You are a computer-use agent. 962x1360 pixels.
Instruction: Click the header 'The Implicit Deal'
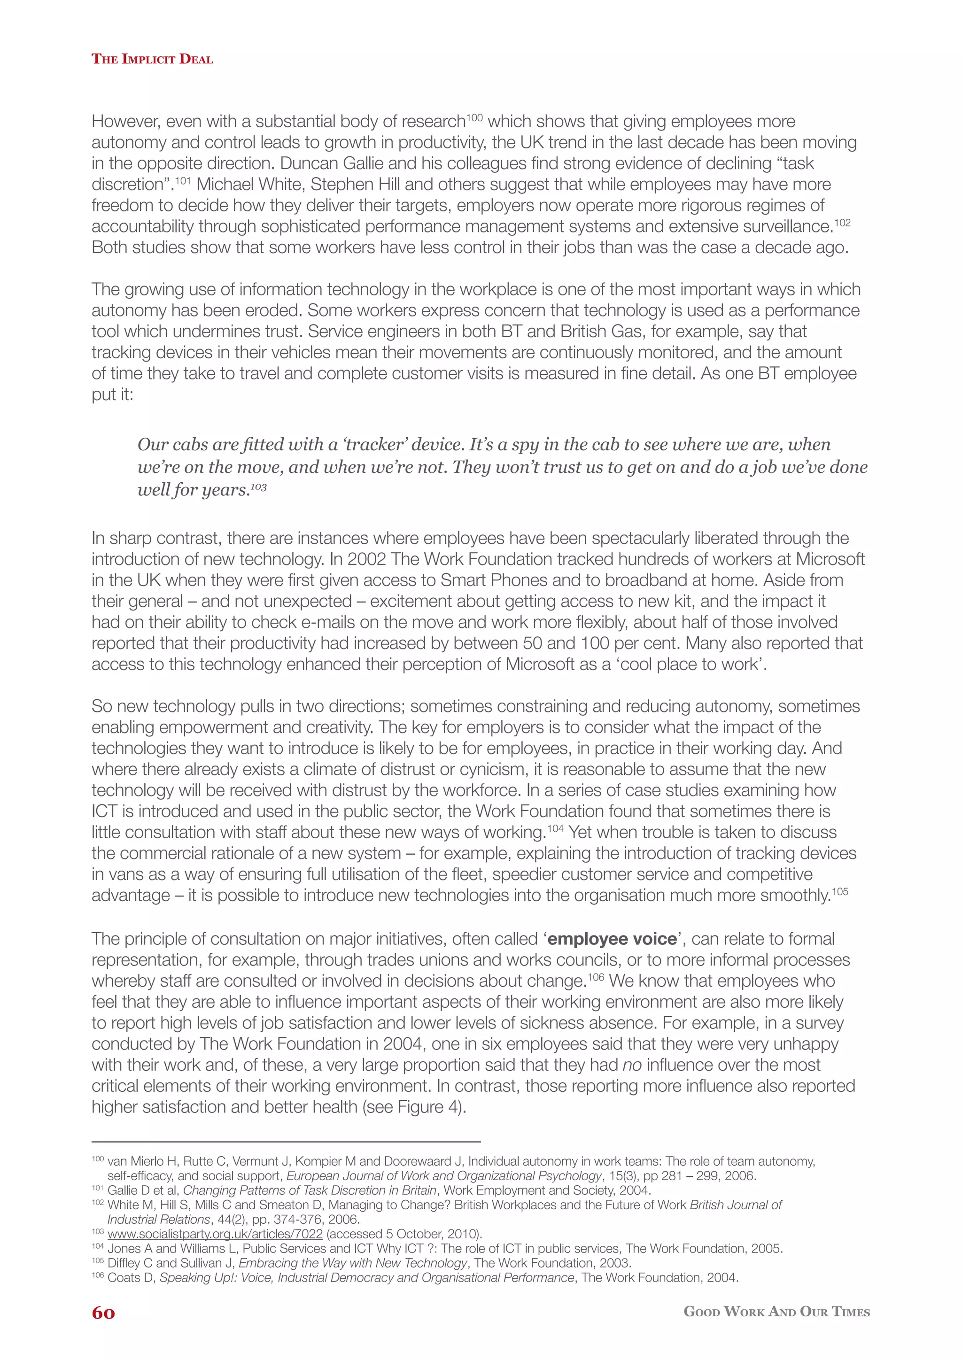[x=152, y=59]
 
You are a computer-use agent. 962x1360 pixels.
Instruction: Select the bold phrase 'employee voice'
[x=612, y=939]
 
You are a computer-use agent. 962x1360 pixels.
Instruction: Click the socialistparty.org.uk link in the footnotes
[x=215, y=1234]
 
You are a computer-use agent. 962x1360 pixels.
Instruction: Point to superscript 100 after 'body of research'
[x=475, y=117]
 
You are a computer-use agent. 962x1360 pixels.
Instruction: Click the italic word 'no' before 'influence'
[x=632, y=1065]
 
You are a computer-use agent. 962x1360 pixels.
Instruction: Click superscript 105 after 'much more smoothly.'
[x=840, y=891]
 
